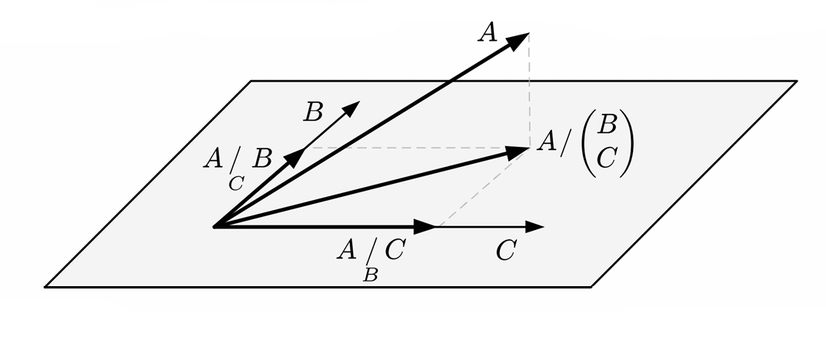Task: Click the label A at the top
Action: pos(488,33)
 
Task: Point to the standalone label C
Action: pos(504,252)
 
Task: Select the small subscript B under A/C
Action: pos(370,275)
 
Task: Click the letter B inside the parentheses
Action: pos(608,124)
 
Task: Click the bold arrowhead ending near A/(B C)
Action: pos(519,151)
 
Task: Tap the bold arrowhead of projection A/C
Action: pos(425,227)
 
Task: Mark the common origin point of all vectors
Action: pos(215,227)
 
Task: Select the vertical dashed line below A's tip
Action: pos(529,92)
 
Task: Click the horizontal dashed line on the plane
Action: pos(415,147)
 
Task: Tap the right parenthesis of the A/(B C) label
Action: pos(628,142)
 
